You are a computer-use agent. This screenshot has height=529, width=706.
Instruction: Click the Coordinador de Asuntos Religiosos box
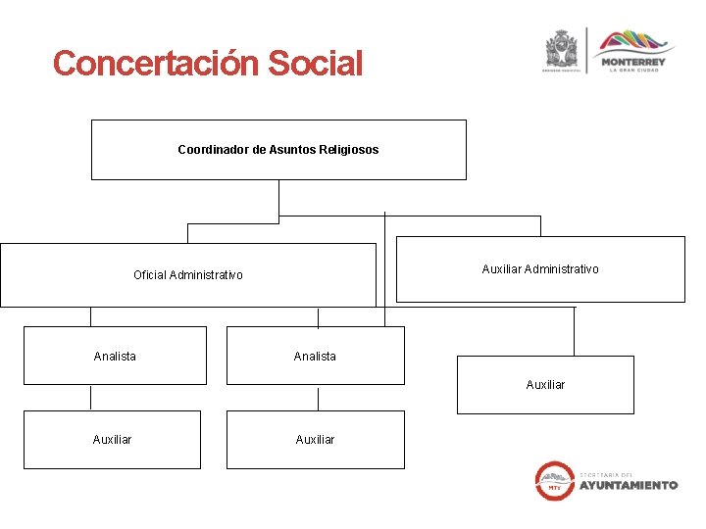pyautogui.click(x=278, y=150)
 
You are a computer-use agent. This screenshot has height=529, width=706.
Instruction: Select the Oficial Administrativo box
pyautogui.click(x=188, y=275)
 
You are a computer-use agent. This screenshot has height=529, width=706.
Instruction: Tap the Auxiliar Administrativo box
pyautogui.click(x=540, y=269)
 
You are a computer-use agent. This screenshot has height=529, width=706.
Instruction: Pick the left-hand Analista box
pyautogui.click(x=115, y=356)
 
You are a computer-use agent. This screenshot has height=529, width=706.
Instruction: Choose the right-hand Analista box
pyautogui.click(x=315, y=356)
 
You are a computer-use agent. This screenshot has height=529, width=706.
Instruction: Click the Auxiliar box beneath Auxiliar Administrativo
pyautogui.click(x=545, y=385)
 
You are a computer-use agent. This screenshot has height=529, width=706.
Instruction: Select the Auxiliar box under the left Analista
pyautogui.click(x=112, y=440)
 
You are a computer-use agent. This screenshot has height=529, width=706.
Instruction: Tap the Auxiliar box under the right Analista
pyautogui.click(x=315, y=440)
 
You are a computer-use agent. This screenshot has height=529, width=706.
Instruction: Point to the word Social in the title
pyautogui.click(x=314, y=64)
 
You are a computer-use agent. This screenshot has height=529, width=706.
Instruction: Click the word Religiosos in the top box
pyautogui.click(x=348, y=150)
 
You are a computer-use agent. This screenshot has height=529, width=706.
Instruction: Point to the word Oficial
pyautogui.click(x=150, y=275)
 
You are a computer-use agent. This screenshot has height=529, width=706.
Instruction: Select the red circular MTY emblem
pyautogui.click(x=555, y=480)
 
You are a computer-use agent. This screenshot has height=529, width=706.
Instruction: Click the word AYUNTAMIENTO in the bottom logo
pyautogui.click(x=628, y=485)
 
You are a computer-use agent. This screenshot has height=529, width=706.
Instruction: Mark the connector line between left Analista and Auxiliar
pyautogui.click(x=91, y=398)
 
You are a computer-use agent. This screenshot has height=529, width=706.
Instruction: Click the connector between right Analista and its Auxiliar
pyautogui.click(x=318, y=398)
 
